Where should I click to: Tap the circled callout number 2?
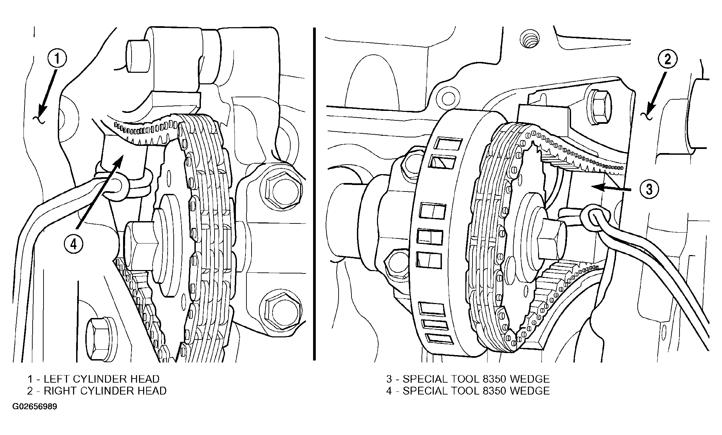667,60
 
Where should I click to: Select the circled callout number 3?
649,189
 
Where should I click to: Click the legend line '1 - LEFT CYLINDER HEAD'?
93,379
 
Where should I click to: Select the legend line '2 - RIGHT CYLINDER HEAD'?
97,391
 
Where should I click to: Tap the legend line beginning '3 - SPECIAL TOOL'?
468,379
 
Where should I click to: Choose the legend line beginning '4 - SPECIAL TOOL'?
468,391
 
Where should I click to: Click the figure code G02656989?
35,407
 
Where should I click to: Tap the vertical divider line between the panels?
314,194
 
